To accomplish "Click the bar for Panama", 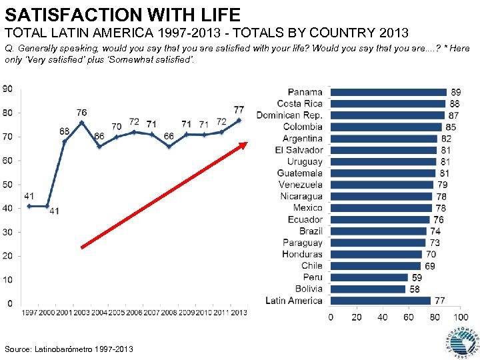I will coord(388,92).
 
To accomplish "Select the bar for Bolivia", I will coord(368,289).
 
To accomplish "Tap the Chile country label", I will coord(312,265).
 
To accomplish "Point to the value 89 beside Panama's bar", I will coord(456,92).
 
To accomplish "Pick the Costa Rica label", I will coord(299,103).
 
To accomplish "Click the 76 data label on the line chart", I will coord(81,113).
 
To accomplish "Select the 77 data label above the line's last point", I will coord(239,109).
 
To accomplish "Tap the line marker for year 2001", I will coord(64,141).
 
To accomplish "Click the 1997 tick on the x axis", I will coord(29,312).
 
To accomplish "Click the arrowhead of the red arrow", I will coord(244,145).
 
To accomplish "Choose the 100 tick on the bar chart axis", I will coord(460,317).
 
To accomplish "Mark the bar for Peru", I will coord(369,277).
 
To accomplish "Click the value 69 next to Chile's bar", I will coord(430,266).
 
